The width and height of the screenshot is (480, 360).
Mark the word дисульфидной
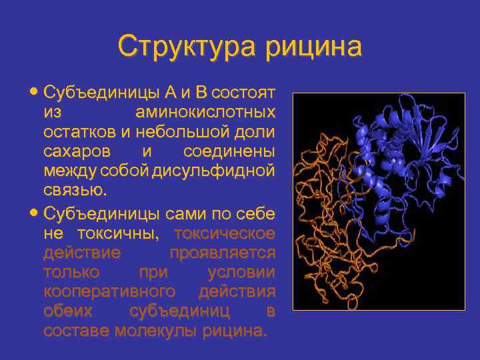click(x=213, y=171)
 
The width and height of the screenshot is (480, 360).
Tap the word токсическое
click(x=224, y=234)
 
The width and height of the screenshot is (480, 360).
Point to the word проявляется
click(x=222, y=253)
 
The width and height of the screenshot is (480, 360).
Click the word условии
click(x=241, y=273)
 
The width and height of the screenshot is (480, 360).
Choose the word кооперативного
click(x=109, y=292)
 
